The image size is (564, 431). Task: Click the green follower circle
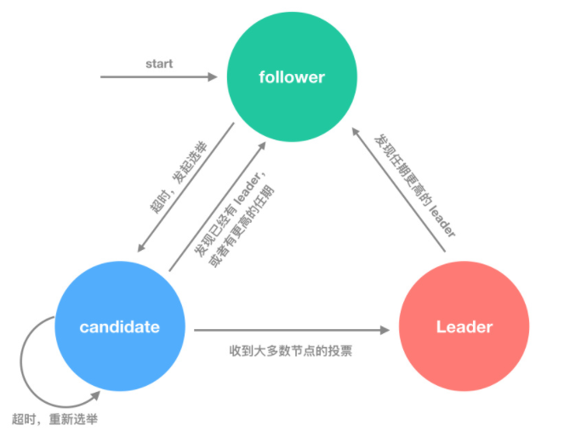[291, 77]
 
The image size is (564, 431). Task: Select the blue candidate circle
[120, 327]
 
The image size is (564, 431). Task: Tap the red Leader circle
[464, 327]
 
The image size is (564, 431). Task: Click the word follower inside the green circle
[291, 77]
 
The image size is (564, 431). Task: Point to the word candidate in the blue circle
[120, 327]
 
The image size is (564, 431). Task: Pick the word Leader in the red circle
[464, 327]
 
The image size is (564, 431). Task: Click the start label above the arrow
[159, 64]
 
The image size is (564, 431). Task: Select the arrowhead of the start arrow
[214, 77]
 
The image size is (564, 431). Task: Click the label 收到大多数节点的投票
[290, 349]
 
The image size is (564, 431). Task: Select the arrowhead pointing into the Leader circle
[392, 329]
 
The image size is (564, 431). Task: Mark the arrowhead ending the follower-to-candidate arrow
[142, 249]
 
